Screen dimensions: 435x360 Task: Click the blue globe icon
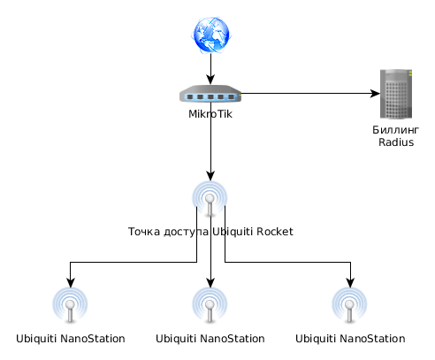[210, 35]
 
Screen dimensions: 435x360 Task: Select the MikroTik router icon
[210, 94]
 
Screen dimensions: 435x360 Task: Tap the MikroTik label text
[210, 114]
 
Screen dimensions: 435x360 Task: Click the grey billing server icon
[396, 94]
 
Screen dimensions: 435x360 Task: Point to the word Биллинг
[395, 130]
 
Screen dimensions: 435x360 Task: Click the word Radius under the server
[396, 142]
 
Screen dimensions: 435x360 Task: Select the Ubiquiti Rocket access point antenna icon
[210, 199]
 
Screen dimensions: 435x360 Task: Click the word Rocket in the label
[275, 232]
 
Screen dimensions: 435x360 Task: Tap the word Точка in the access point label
[144, 232]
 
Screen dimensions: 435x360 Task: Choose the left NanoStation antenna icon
[70, 305]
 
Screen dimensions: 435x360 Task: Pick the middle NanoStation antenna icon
[210, 305]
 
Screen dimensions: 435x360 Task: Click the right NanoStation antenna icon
[349, 305]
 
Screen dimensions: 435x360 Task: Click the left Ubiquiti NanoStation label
[71, 339]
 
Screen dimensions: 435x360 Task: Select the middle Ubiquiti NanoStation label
[210, 339]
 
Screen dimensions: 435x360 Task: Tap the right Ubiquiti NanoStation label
[350, 339]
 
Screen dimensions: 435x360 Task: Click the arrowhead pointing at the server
[375, 94]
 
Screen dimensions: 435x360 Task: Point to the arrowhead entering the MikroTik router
[210, 80]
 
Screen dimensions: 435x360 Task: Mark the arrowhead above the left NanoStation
[71, 282]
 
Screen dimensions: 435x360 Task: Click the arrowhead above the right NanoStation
[350, 282]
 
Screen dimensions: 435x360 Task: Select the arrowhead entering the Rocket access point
[210, 175]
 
